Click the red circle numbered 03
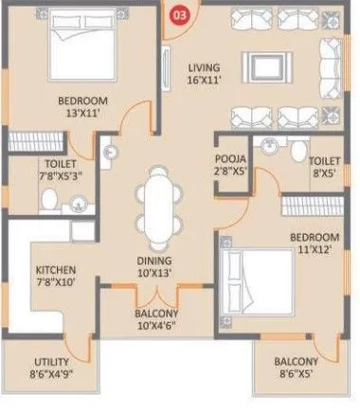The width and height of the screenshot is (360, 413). [176, 13]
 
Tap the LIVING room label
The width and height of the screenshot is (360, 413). [204, 67]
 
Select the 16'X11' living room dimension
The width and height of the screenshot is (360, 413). [204, 81]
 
